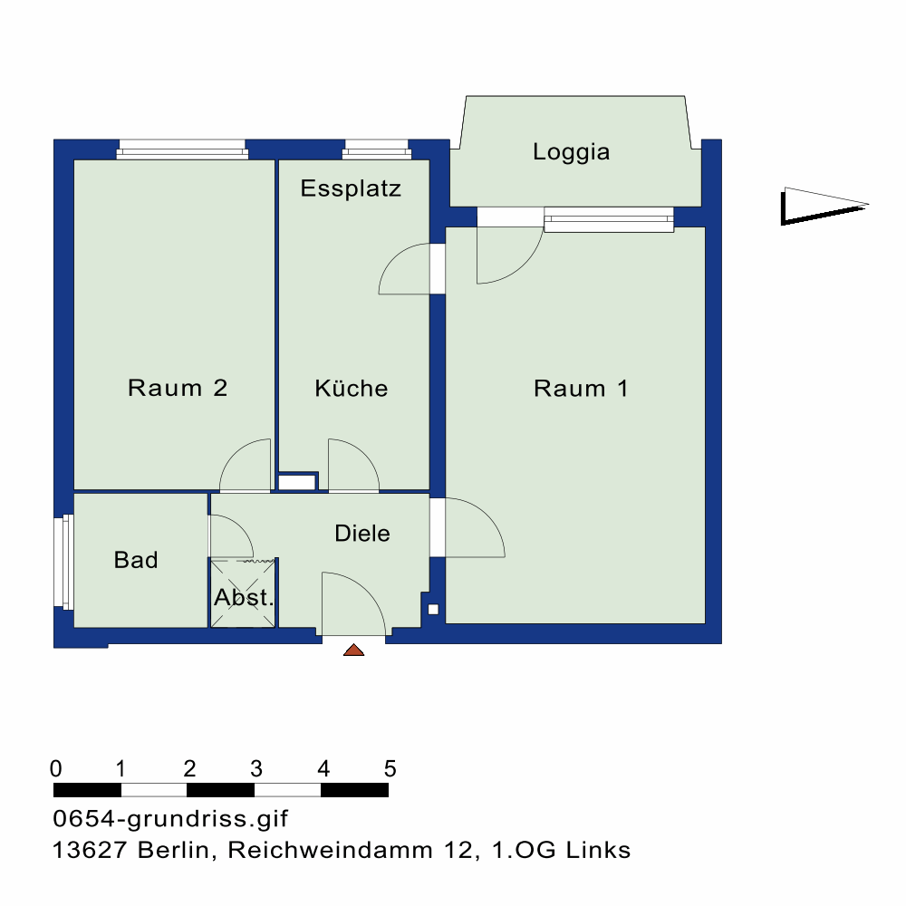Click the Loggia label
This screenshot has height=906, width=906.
(571, 152)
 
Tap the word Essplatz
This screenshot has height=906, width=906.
(351, 188)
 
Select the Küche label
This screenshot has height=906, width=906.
(352, 389)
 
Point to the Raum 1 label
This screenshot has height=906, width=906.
(581, 389)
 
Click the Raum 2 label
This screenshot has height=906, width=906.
(178, 388)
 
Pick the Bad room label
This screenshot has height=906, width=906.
(136, 560)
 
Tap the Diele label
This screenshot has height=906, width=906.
(362, 534)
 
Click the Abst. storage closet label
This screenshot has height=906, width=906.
(243, 597)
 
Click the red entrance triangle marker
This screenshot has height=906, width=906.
(353, 650)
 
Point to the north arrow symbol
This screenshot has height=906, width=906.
(824, 206)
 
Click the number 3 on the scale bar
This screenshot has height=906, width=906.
(256, 769)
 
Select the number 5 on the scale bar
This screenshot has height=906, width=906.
(390, 769)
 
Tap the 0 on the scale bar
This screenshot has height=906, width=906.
(55, 769)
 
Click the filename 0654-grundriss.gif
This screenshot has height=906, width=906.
(170, 819)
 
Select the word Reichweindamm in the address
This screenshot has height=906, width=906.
(330, 850)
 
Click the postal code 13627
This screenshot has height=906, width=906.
(90, 850)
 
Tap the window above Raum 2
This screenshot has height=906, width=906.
(183, 149)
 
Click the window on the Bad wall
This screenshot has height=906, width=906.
(63, 562)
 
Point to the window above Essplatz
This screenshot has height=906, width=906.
(377, 149)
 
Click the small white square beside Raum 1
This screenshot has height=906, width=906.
(433, 610)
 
